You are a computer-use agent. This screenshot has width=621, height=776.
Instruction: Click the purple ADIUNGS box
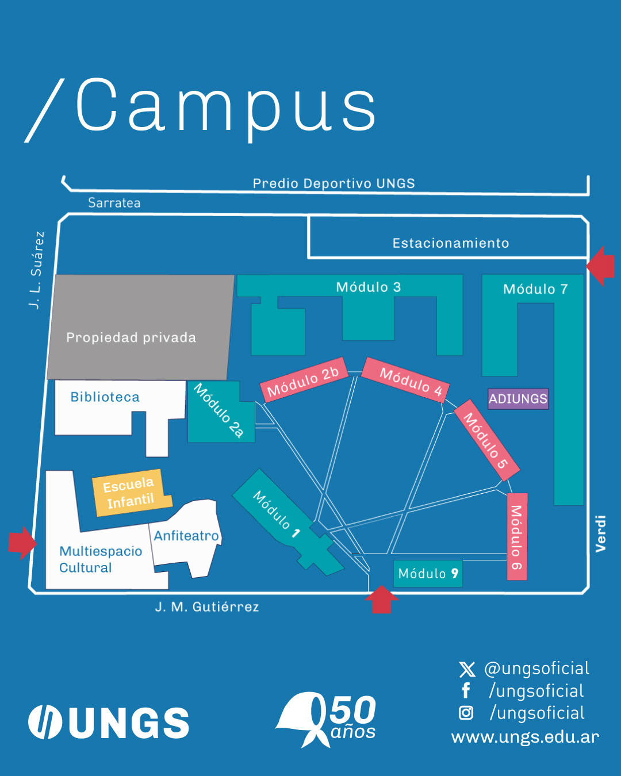[x=518, y=399]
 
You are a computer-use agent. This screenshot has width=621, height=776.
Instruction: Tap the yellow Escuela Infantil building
[x=132, y=493]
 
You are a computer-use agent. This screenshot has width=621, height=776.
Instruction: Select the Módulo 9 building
[x=428, y=574]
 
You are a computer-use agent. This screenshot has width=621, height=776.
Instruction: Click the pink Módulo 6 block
[x=517, y=536]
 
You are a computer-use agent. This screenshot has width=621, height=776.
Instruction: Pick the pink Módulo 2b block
[x=303, y=381]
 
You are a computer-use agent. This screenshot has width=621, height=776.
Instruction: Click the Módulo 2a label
[x=219, y=410]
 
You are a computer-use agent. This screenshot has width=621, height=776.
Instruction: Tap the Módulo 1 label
[x=277, y=513]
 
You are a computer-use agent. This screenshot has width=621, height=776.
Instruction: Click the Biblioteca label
[x=105, y=397]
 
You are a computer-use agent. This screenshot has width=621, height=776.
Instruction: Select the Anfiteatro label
[x=186, y=536]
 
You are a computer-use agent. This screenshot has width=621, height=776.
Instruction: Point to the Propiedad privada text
[x=131, y=337]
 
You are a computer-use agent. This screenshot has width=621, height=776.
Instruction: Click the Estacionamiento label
[x=451, y=243]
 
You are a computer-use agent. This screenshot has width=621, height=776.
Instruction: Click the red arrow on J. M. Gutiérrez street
[x=381, y=600]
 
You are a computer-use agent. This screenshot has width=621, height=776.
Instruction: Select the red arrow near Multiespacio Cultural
[x=22, y=543]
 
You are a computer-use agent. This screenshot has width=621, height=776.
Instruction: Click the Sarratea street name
[x=114, y=203]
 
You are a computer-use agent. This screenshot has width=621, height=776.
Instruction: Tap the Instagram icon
[x=466, y=713]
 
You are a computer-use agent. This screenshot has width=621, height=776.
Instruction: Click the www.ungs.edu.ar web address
[x=525, y=737]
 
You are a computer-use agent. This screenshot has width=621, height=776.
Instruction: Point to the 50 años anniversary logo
[x=328, y=719]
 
